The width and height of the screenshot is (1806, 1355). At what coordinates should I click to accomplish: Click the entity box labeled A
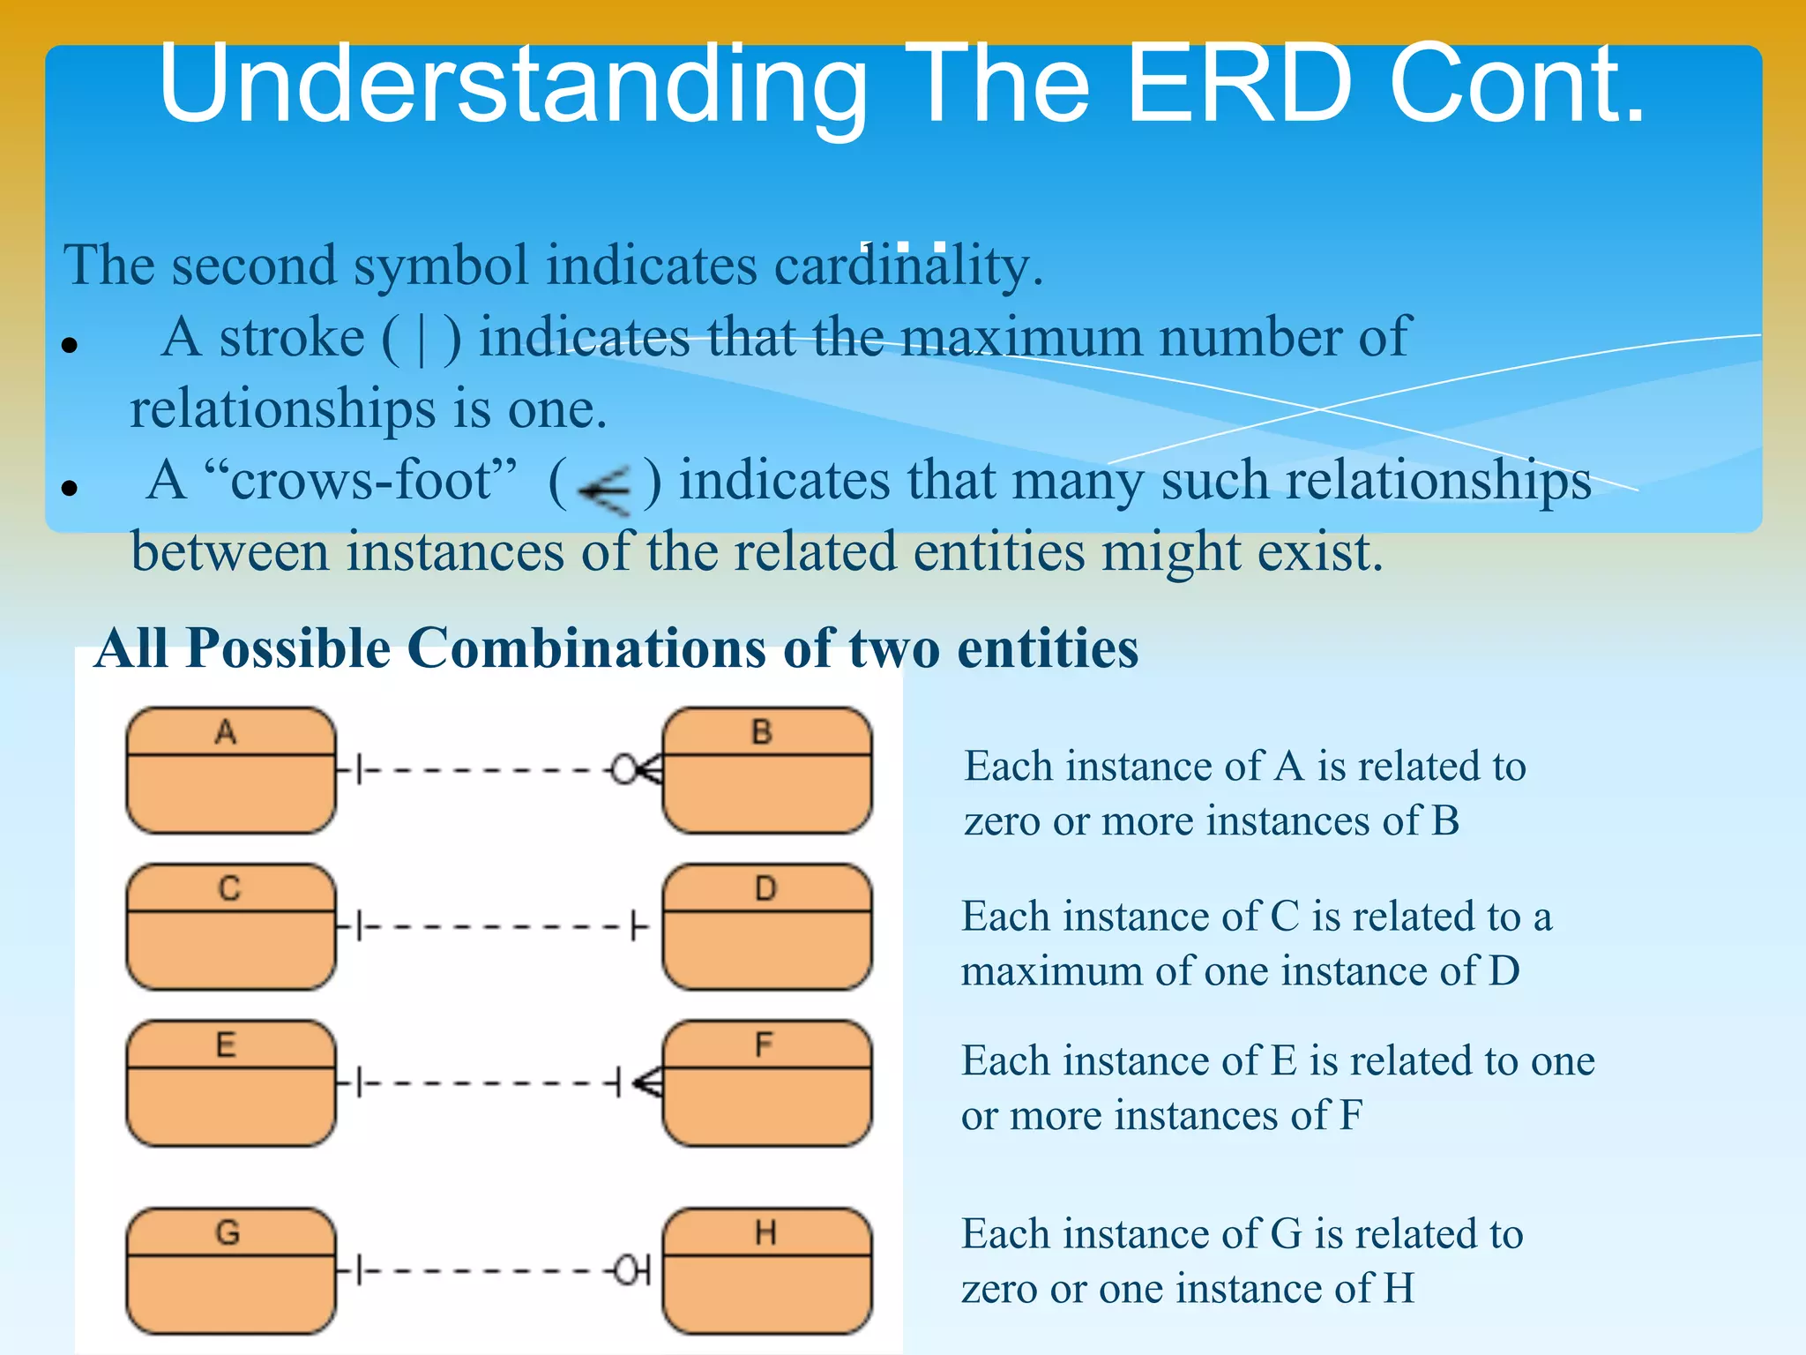coord(231,770)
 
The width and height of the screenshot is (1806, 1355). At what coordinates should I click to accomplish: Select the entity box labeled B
coord(766,770)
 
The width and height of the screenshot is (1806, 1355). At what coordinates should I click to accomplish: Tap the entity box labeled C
coord(231,926)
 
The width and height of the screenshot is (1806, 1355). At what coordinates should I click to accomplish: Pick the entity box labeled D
coord(766,926)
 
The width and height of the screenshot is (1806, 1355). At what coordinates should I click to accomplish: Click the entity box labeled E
coord(231,1083)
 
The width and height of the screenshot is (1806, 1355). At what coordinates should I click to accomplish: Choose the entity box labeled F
coord(766,1083)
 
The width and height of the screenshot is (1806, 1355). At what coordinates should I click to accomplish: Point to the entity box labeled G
coord(231,1270)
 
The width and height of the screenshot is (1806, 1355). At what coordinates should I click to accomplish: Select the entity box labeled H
coord(766,1270)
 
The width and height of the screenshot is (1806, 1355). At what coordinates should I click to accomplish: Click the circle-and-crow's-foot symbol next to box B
coord(635,770)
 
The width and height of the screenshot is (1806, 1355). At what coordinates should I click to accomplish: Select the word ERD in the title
coord(1239,84)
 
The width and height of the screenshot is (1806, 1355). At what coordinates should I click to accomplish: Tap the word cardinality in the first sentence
coord(908,266)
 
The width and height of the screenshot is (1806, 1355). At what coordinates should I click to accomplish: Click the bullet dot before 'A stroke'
coord(71,345)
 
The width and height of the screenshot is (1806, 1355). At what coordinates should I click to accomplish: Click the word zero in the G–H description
coord(999,1290)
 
